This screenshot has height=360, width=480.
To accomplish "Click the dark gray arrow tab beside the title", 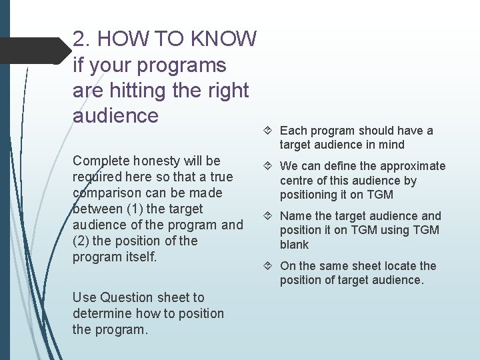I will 33,51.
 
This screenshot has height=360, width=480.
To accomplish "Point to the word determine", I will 101,313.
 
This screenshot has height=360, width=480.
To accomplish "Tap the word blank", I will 294,245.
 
